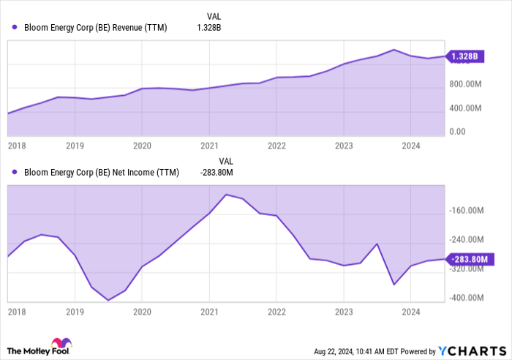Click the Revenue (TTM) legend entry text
pos(96,28)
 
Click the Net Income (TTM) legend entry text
pos(100,173)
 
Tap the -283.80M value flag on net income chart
pos(472,259)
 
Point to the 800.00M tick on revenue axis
pos(467,84)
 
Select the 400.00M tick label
pos(467,108)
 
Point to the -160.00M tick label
pos(469,211)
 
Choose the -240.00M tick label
pos(469,240)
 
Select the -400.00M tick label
pos(469,298)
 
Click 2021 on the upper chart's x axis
pos(209,146)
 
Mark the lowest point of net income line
pos(108,300)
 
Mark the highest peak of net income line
pos(226,195)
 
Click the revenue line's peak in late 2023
pos(394,50)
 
